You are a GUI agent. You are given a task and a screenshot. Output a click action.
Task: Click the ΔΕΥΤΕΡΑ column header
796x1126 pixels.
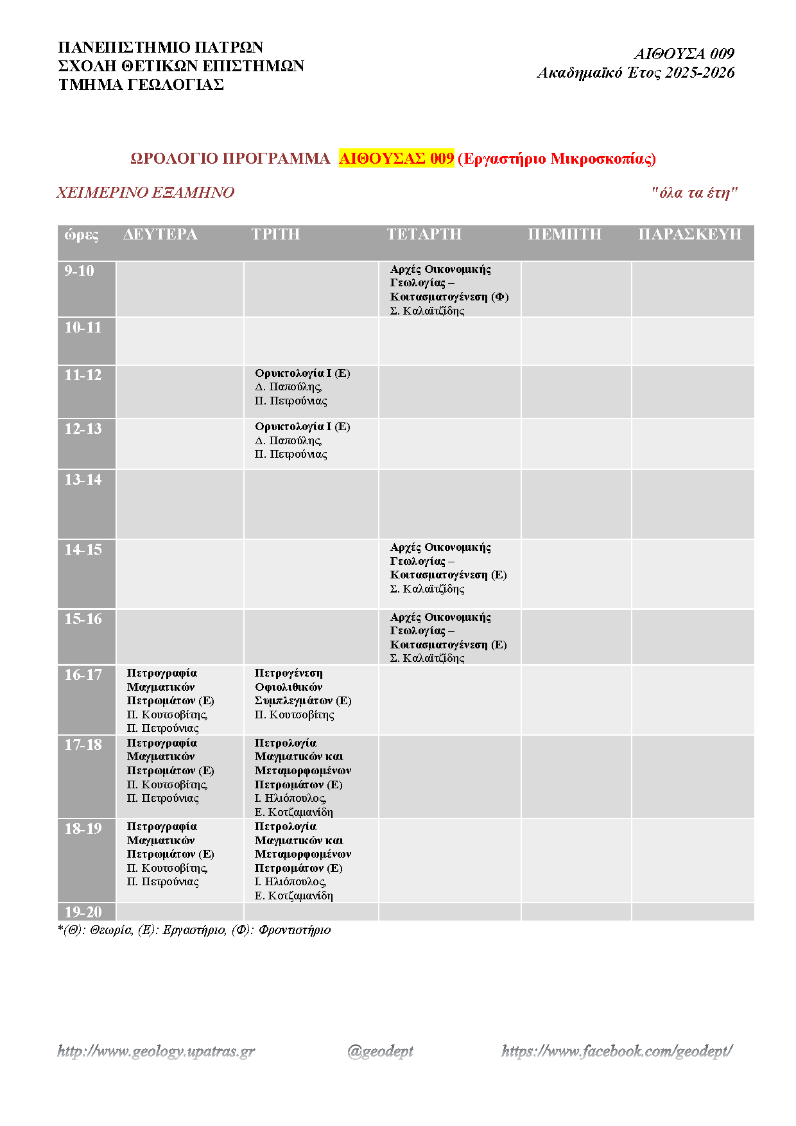pos(160,234)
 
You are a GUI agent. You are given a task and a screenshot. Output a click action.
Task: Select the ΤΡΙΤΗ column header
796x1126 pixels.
pos(275,234)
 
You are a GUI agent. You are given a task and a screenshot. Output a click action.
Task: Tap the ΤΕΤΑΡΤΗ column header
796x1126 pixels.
pos(424,234)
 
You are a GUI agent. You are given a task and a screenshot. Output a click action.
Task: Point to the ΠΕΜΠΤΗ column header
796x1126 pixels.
pos(564,234)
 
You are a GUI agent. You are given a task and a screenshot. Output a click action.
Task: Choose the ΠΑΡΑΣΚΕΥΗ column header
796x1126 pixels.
pos(689,234)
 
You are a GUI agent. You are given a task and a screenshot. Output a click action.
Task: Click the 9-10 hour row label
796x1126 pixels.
pos(79,271)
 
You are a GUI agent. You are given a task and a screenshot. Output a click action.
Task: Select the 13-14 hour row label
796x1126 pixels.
pos(83,480)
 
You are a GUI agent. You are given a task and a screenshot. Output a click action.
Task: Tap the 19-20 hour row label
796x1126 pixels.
pos(83,912)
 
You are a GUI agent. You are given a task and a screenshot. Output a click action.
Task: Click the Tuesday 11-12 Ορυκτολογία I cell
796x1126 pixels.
pos(302,387)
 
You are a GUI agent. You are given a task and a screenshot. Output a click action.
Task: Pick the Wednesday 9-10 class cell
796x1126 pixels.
pos(449,290)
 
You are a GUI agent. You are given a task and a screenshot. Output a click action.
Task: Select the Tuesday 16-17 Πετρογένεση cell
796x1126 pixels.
pos(302,694)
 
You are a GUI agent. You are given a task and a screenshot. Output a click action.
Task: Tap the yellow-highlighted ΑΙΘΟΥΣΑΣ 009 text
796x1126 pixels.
pos(396,159)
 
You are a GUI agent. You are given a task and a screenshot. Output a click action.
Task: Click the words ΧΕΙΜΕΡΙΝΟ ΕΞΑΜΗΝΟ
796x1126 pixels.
pos(146,193)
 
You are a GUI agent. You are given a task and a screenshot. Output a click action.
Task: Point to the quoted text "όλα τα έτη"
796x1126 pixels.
pos(695,193)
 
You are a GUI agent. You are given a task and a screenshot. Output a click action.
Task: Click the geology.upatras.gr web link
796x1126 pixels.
pos(156,1051)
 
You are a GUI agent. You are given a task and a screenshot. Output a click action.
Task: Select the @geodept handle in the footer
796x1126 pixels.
pos(380,1051)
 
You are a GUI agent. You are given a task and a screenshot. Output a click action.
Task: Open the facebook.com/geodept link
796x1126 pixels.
pos(617,1051)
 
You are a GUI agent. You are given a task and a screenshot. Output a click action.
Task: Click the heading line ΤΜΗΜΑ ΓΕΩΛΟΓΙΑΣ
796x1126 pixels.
pos(141,85)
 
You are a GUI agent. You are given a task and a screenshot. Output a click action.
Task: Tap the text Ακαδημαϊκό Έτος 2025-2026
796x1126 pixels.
pos(636,73)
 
